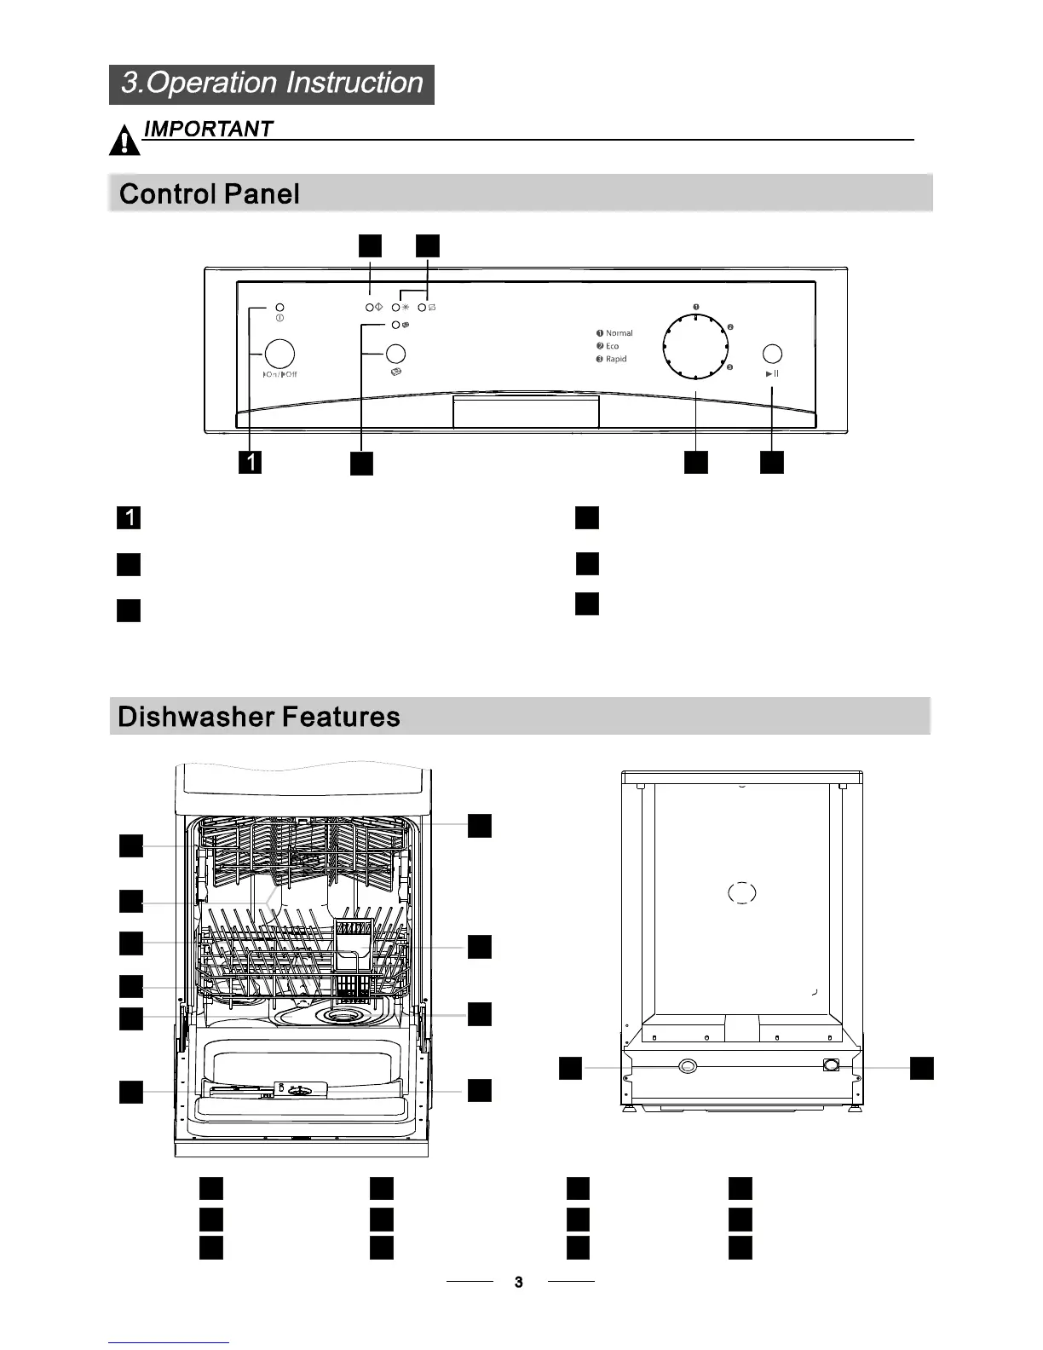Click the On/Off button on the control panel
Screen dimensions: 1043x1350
[x=279, y=354]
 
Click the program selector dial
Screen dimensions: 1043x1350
[x=695, y=347]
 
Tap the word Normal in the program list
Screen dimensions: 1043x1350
[x=619, y=333]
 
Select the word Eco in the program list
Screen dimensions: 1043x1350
[x=613, y=346]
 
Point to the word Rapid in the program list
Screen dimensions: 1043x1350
[x=616, y=359]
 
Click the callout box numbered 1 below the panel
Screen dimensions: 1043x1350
[x=250, y=462]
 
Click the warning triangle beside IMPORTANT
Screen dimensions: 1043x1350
[x=124, y=141]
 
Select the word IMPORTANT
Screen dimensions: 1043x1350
[x=209, y=129]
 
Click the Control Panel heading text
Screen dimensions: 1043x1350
[x=210, y=193]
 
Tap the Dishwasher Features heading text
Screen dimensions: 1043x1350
[x=259, y=716]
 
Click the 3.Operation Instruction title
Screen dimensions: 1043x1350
[x=272, y=84]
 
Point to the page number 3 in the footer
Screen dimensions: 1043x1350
[x=519, y=1282]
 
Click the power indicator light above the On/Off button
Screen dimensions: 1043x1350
[x=279, y=308]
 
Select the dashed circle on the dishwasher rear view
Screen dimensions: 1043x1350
[x=742, y=892]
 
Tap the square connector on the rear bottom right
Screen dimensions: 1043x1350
[x=832, y=1064]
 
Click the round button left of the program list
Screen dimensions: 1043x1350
[x=395, y=354]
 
